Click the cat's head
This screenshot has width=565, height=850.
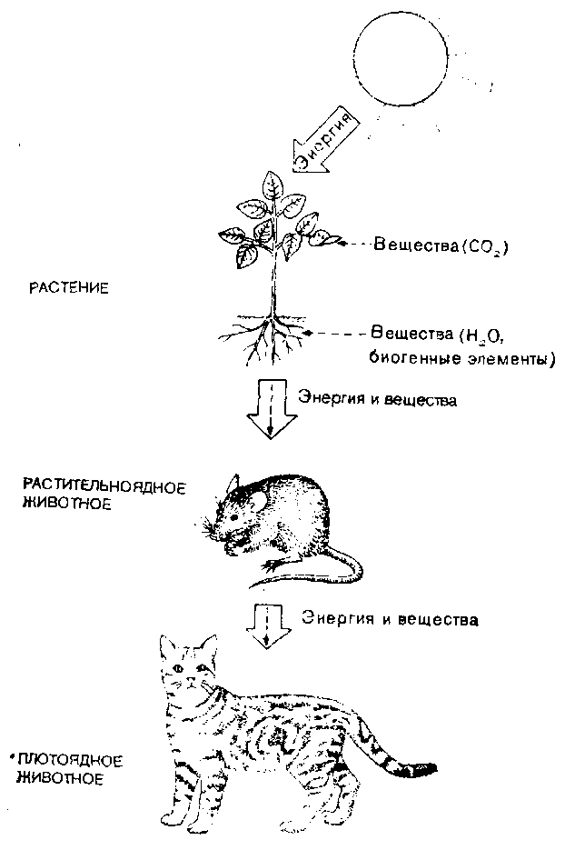(190, 668)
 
